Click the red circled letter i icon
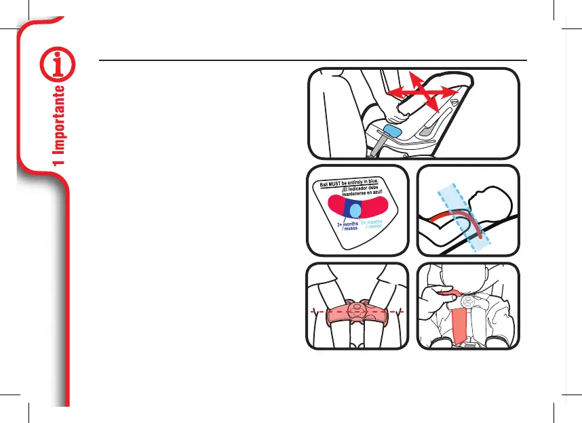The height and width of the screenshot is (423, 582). tap(57, 65)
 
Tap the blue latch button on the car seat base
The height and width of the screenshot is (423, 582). tap(393, 130)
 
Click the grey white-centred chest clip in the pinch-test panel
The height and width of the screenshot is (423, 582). tap(467, 299)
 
